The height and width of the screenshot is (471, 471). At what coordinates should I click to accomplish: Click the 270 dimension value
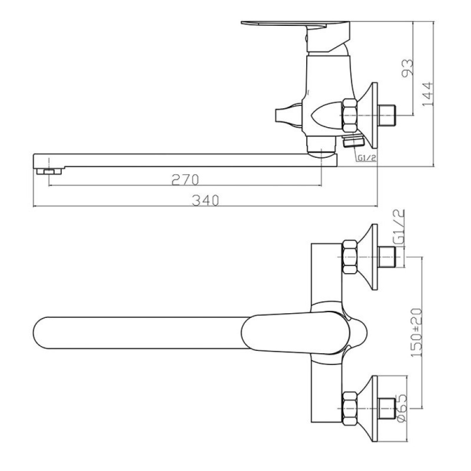click(x=185, y=180)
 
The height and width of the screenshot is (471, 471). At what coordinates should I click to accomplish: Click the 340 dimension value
click(x=205, y=200)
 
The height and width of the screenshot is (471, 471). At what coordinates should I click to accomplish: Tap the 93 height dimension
click(x=407, y=68)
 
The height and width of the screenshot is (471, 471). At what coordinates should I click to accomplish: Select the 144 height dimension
click(x=428, y=94)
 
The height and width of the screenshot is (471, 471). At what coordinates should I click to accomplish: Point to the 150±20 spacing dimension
click(x=417, y=333)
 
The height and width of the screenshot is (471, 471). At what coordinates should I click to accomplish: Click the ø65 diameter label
click(x=402, y=408)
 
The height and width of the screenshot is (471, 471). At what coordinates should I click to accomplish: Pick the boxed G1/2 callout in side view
click(x=366, y=158)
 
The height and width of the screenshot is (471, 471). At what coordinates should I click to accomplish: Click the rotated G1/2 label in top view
click(x=399, y=227)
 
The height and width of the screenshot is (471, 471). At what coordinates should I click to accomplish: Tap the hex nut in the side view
click(x=349, y=115)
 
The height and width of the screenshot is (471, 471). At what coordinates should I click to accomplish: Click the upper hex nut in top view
click(x=349, y=257)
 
